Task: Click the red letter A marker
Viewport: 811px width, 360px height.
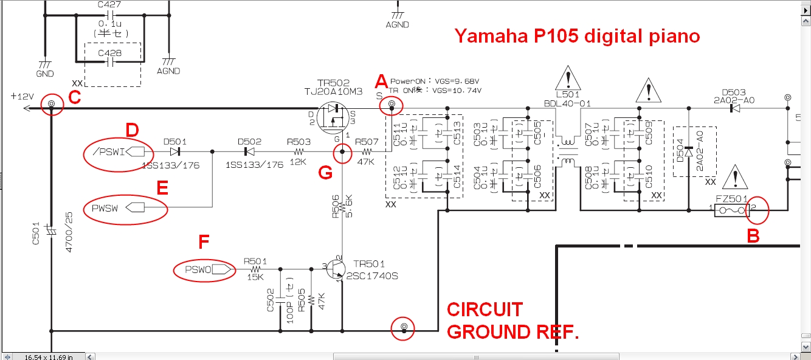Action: point(381,81)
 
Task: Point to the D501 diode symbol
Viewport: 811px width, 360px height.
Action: point(175,151)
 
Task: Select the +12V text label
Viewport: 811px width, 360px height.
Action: point(22,97)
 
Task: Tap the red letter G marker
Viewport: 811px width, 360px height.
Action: point(325,173)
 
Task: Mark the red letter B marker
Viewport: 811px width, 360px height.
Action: point(753,237)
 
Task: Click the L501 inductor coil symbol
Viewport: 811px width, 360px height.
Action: point(567,151)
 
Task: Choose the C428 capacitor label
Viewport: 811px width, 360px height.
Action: point(109,53)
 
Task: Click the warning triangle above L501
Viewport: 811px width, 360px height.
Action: point(568,81)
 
